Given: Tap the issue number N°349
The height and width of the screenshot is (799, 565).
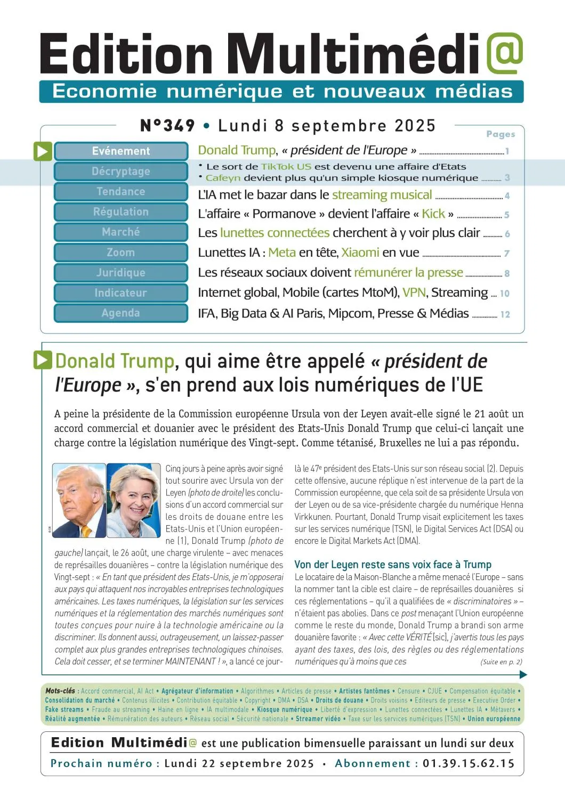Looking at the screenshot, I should [167, 126].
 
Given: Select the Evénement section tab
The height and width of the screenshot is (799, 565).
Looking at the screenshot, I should [121, 151].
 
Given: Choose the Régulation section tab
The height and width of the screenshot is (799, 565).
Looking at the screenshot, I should [121, 212].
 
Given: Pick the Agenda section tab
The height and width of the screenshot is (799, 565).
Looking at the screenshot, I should [121, 313].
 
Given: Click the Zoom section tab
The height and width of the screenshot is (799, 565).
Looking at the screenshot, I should [121, 252].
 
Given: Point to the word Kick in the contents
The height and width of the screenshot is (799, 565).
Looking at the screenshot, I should [433, 214].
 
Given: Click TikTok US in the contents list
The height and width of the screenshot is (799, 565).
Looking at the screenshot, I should [286, 167].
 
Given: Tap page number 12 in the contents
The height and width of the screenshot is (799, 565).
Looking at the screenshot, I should [505, 315].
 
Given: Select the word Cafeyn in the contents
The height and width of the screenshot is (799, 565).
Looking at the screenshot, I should [223, 178].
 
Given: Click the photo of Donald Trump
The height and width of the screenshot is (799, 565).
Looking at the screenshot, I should [79, 501].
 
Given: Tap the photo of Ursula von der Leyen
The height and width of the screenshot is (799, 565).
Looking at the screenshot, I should [133, 501].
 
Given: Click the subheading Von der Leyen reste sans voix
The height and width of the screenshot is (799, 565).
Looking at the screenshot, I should [393, 565].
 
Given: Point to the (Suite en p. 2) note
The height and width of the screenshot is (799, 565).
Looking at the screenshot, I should [501, 662].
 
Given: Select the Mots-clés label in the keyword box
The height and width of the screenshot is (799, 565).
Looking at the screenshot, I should [60, 691].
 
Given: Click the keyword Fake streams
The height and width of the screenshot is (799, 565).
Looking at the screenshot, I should [64, 710].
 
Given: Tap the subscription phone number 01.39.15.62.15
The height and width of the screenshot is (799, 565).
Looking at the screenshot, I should [469, 764].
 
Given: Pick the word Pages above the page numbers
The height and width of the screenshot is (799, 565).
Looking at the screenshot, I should [501, 134].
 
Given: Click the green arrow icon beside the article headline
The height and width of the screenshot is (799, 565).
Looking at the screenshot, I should [43, 361].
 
